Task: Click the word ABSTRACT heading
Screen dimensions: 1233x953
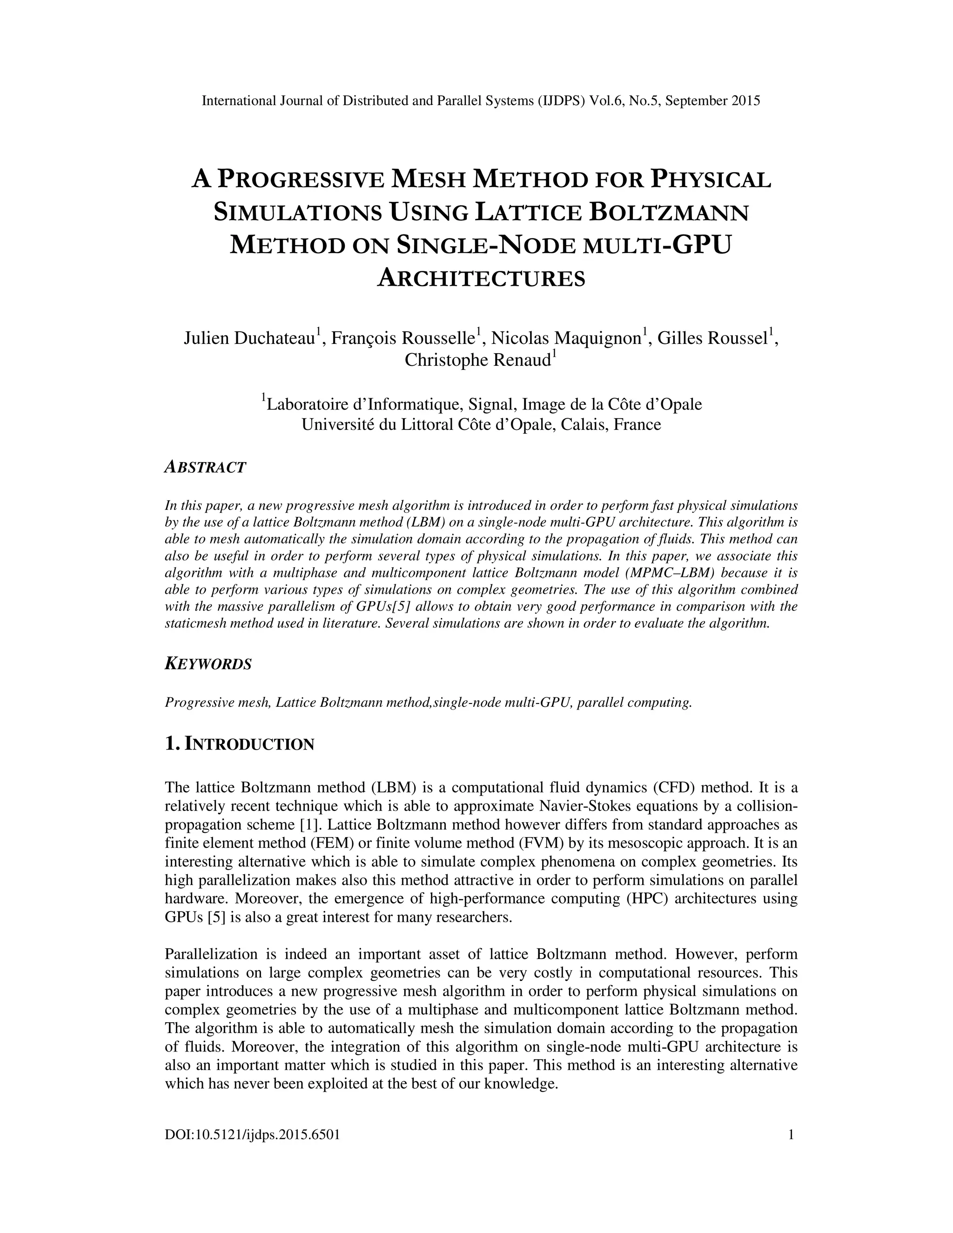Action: pyautogui.click(x=205, y=468)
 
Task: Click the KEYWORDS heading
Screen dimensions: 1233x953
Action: pyautogui.click(x=208, y=664)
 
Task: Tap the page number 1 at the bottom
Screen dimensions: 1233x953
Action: pyautogui.click(x=791, y=1135)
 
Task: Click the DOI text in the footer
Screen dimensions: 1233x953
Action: pyautogui.click(x=252, y=1135)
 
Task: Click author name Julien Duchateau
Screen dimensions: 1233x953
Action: pyautogui.click(x=249, y=338)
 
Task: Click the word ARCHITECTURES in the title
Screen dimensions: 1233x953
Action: pyautogui.click(x=481, y=279)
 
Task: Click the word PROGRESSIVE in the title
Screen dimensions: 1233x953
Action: pyautogui.click(x=301, y=180)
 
